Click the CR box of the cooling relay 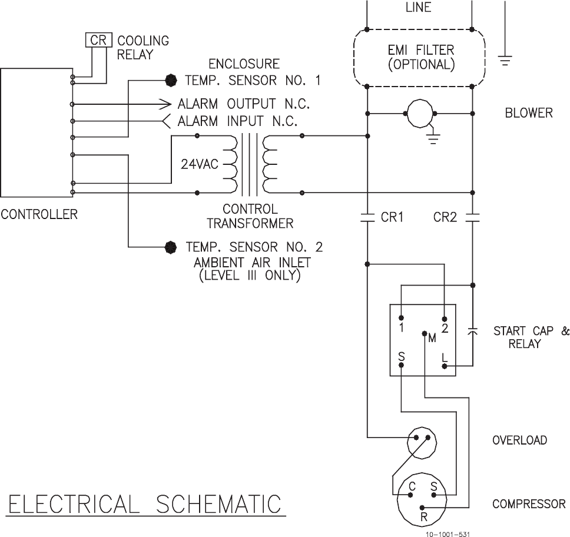tap(97, 41)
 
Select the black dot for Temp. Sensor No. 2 tap(171, 247)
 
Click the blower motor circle tap(420, 112)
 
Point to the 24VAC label tap(199, 164)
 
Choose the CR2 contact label tap(445, 217)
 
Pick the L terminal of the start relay tap(445, 366)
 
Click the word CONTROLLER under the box tap(39, 214)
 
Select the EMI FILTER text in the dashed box tap(421, 50)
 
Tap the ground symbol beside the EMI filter tap(505, 59)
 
